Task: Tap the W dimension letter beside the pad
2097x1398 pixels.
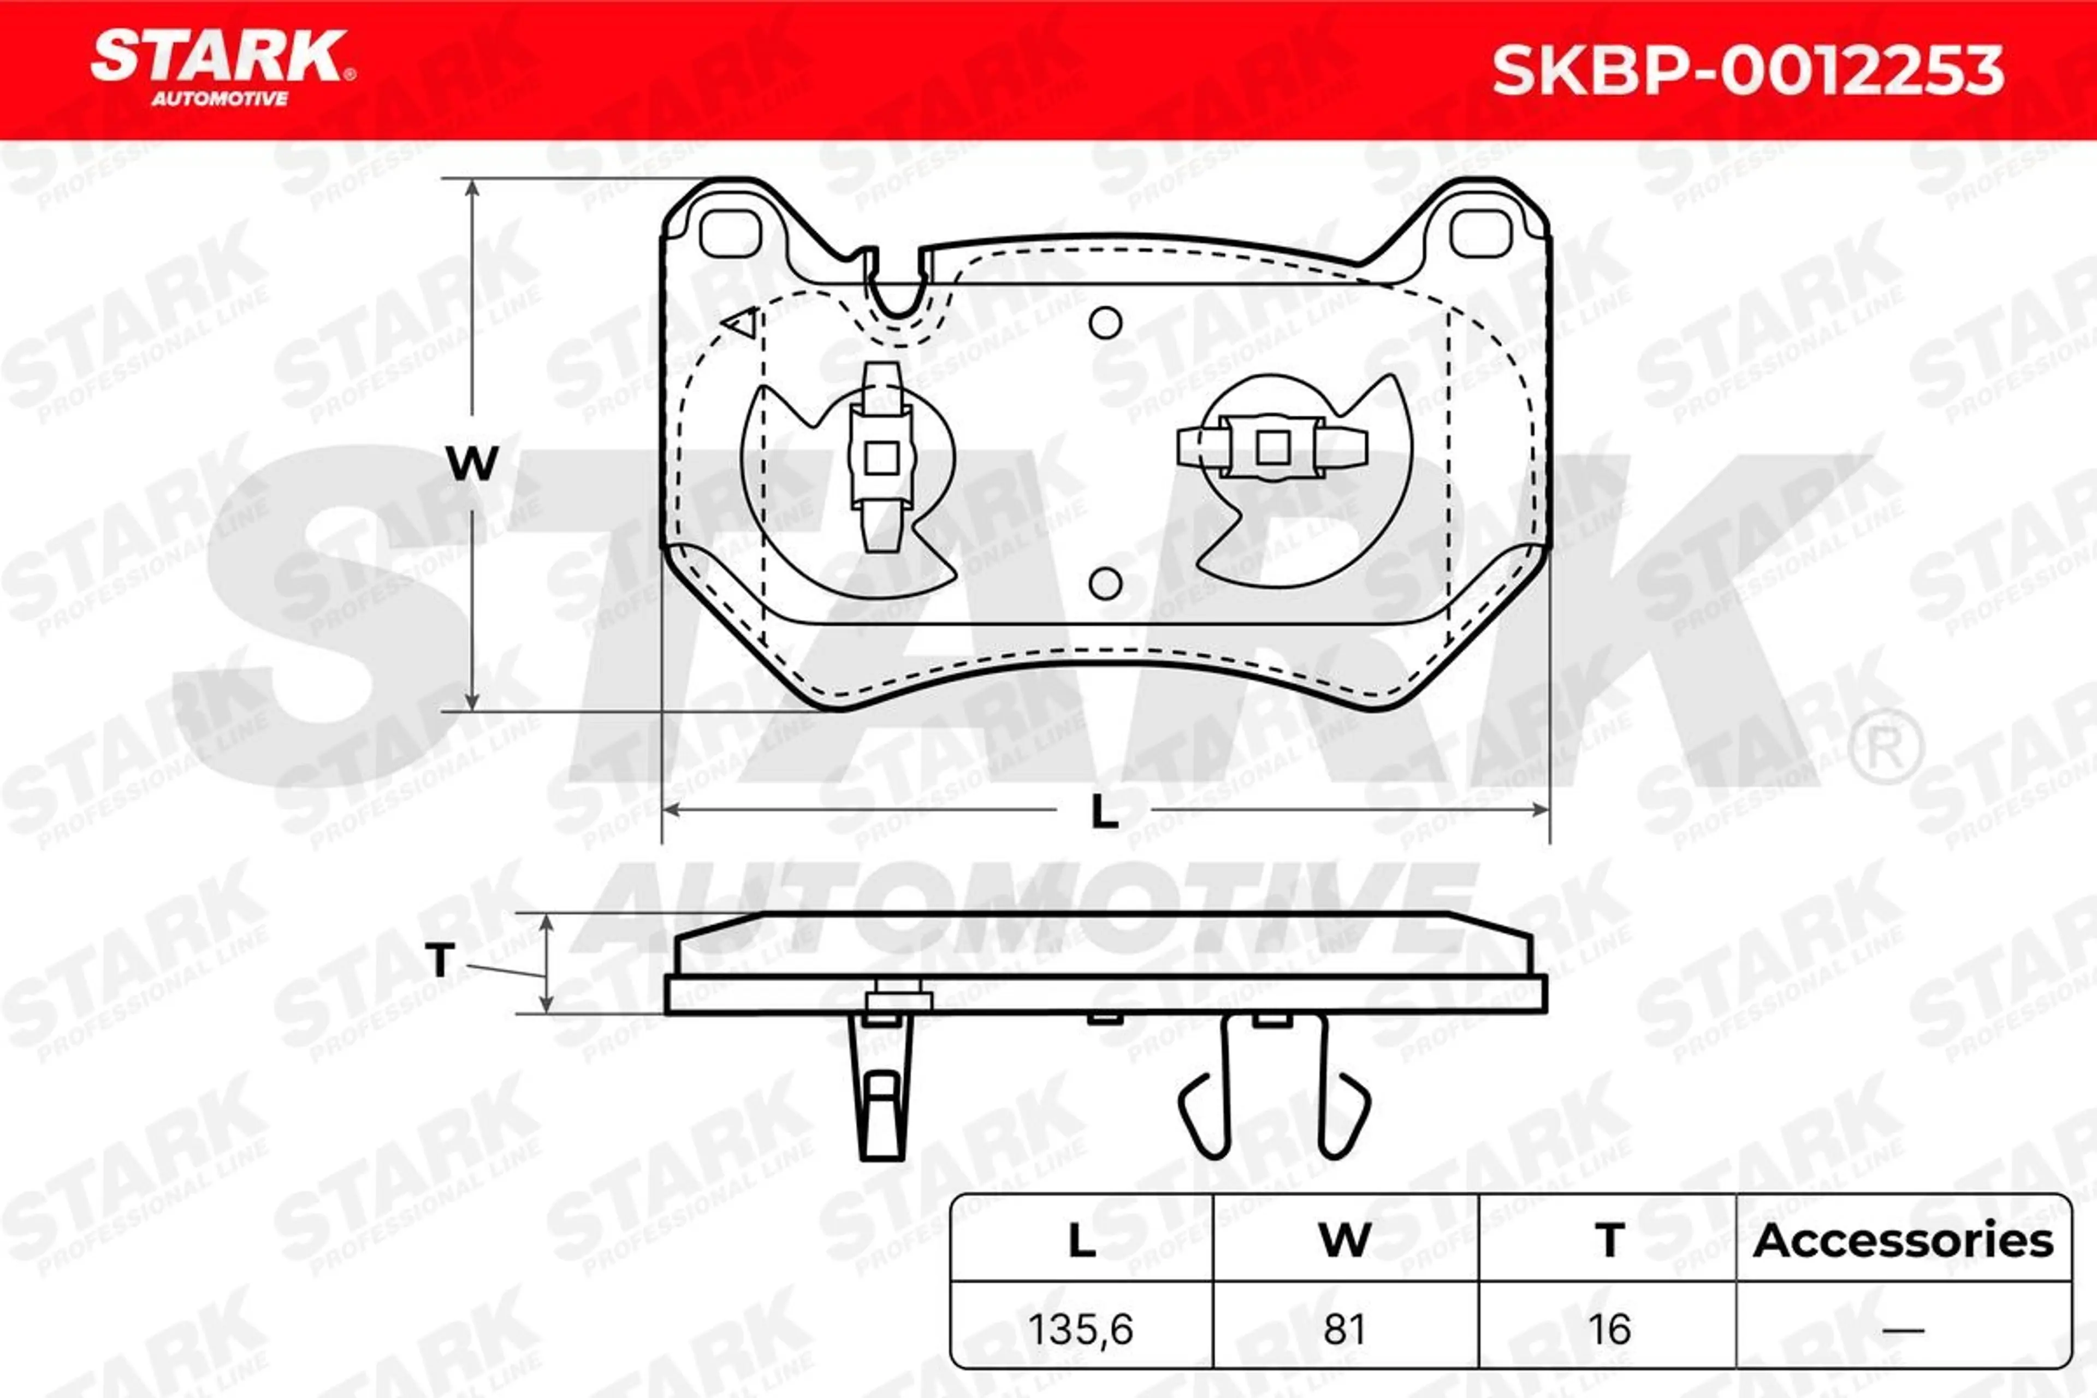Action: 472,464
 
